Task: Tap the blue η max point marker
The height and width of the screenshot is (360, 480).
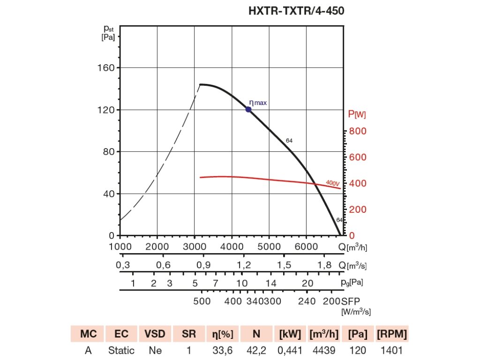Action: point(248,110)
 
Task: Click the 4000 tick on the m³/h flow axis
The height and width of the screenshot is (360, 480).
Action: point(231,247)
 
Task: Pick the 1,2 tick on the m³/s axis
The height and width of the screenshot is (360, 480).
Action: point(244,265)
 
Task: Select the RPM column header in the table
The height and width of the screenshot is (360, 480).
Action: point(391,334)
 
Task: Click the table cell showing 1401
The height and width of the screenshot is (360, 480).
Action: point(391,350)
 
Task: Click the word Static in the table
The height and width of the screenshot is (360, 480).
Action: point(121,350)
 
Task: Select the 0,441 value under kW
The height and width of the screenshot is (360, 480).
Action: point(290,350)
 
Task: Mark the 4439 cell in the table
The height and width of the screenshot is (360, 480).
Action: point(324,350)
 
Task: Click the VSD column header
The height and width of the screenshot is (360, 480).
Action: point(155,334)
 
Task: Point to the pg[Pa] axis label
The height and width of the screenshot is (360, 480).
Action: point(353,283)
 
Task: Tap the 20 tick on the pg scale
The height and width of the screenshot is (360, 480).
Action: point(307,283)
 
